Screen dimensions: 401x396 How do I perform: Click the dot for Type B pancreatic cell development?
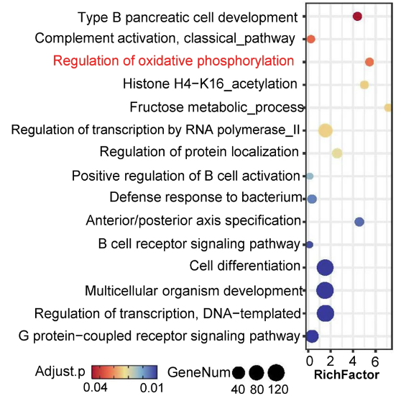point(357,17)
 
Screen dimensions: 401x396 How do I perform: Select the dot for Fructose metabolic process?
point(388,107)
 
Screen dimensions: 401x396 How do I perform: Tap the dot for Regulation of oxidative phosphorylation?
point(369,62)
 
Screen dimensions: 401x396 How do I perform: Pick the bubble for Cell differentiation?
point(325,268)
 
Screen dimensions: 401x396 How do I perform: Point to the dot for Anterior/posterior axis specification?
point(359,222)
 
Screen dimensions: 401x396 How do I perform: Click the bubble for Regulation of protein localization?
point(337,153)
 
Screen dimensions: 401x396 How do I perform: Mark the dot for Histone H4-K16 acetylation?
point(364,85)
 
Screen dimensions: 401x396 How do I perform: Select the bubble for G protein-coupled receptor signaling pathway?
point(312,336)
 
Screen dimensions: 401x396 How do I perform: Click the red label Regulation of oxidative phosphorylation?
point(173,61)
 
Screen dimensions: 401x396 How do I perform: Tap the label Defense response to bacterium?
point(206,197)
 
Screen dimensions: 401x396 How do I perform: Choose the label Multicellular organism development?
point(194,291)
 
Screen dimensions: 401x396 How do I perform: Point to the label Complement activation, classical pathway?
point(165,38)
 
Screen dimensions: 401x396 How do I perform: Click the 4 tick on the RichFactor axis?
point(353,361)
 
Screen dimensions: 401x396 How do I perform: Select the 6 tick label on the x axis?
point(375,361)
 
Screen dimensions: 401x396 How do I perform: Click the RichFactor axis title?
point(346,374)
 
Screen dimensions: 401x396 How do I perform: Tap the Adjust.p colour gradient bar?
point(124,372)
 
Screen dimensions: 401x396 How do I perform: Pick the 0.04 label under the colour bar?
point(95,388)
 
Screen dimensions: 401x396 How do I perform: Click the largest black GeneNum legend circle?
point(276,373)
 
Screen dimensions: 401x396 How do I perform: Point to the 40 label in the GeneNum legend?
point(238,390)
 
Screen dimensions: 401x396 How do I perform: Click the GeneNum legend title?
point(199,372)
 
